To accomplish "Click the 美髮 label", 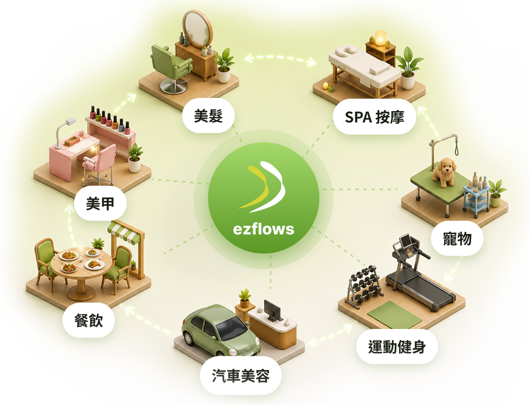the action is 208,116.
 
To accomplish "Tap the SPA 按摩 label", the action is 374,117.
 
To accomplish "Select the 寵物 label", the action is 457,238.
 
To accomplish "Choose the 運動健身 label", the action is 397,347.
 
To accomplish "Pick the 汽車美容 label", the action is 240,376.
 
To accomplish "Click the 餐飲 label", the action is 88,320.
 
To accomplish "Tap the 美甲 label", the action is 100,203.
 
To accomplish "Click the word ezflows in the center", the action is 263,229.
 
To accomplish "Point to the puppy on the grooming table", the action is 444,173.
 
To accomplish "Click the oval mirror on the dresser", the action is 197,29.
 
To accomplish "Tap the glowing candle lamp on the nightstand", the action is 380,38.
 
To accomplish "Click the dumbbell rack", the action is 364,286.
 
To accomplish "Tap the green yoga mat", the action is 394,314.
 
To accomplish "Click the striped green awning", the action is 124,232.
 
